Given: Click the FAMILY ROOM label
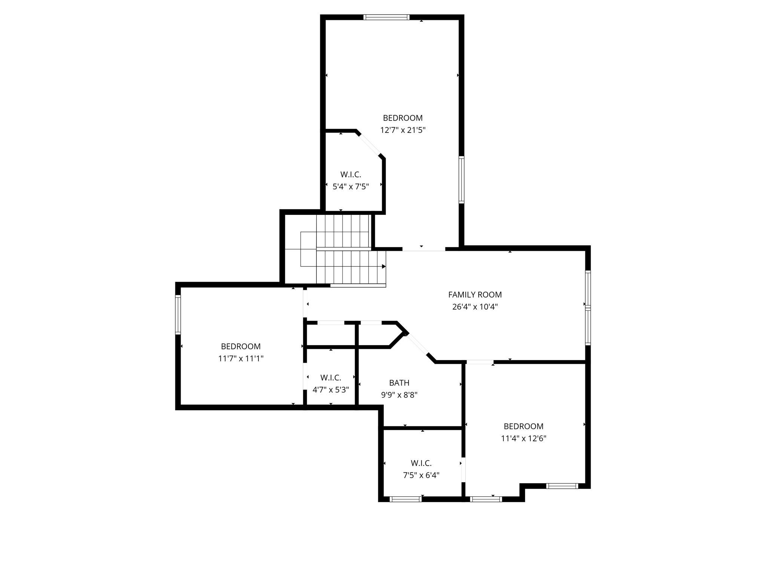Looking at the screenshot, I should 475,295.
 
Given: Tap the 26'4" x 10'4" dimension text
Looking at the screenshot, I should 475,307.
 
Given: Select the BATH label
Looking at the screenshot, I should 399,383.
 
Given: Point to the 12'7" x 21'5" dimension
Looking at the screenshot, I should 403,130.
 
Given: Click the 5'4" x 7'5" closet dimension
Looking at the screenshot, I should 350,186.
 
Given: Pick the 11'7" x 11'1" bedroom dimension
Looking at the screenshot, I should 240,359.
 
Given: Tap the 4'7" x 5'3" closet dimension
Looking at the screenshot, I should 331,390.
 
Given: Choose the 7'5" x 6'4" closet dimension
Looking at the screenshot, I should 421,475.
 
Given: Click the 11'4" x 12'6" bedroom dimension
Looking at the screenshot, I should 524,438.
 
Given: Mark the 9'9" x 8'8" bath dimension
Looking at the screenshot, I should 399,395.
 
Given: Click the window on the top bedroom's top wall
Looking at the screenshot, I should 386,17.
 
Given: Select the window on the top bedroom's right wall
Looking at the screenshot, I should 462,180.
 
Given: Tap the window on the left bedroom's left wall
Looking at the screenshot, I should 178,314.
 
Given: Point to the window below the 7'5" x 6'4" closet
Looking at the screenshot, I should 405,499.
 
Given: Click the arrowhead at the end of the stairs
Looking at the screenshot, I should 384,267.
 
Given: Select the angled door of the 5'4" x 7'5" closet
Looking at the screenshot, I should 370,144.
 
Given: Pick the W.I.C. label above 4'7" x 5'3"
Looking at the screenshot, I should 331,377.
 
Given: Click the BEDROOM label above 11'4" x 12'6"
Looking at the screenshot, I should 524,426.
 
